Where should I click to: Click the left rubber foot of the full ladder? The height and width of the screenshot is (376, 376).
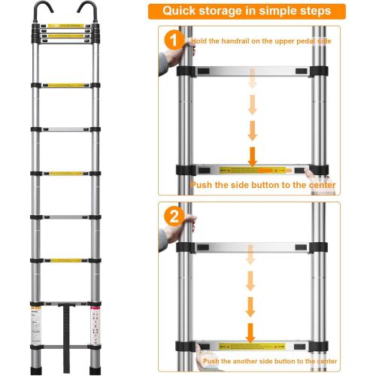pos(36,366)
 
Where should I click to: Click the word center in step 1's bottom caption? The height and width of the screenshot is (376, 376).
pos(318,185)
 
